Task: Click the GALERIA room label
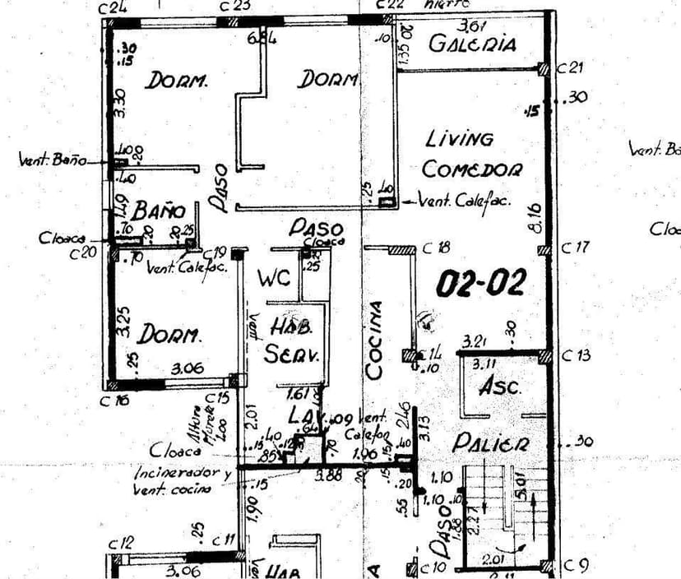473,44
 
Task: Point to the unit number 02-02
479,284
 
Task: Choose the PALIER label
491,443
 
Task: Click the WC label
273,279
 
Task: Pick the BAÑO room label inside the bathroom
159,210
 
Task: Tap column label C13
575,355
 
